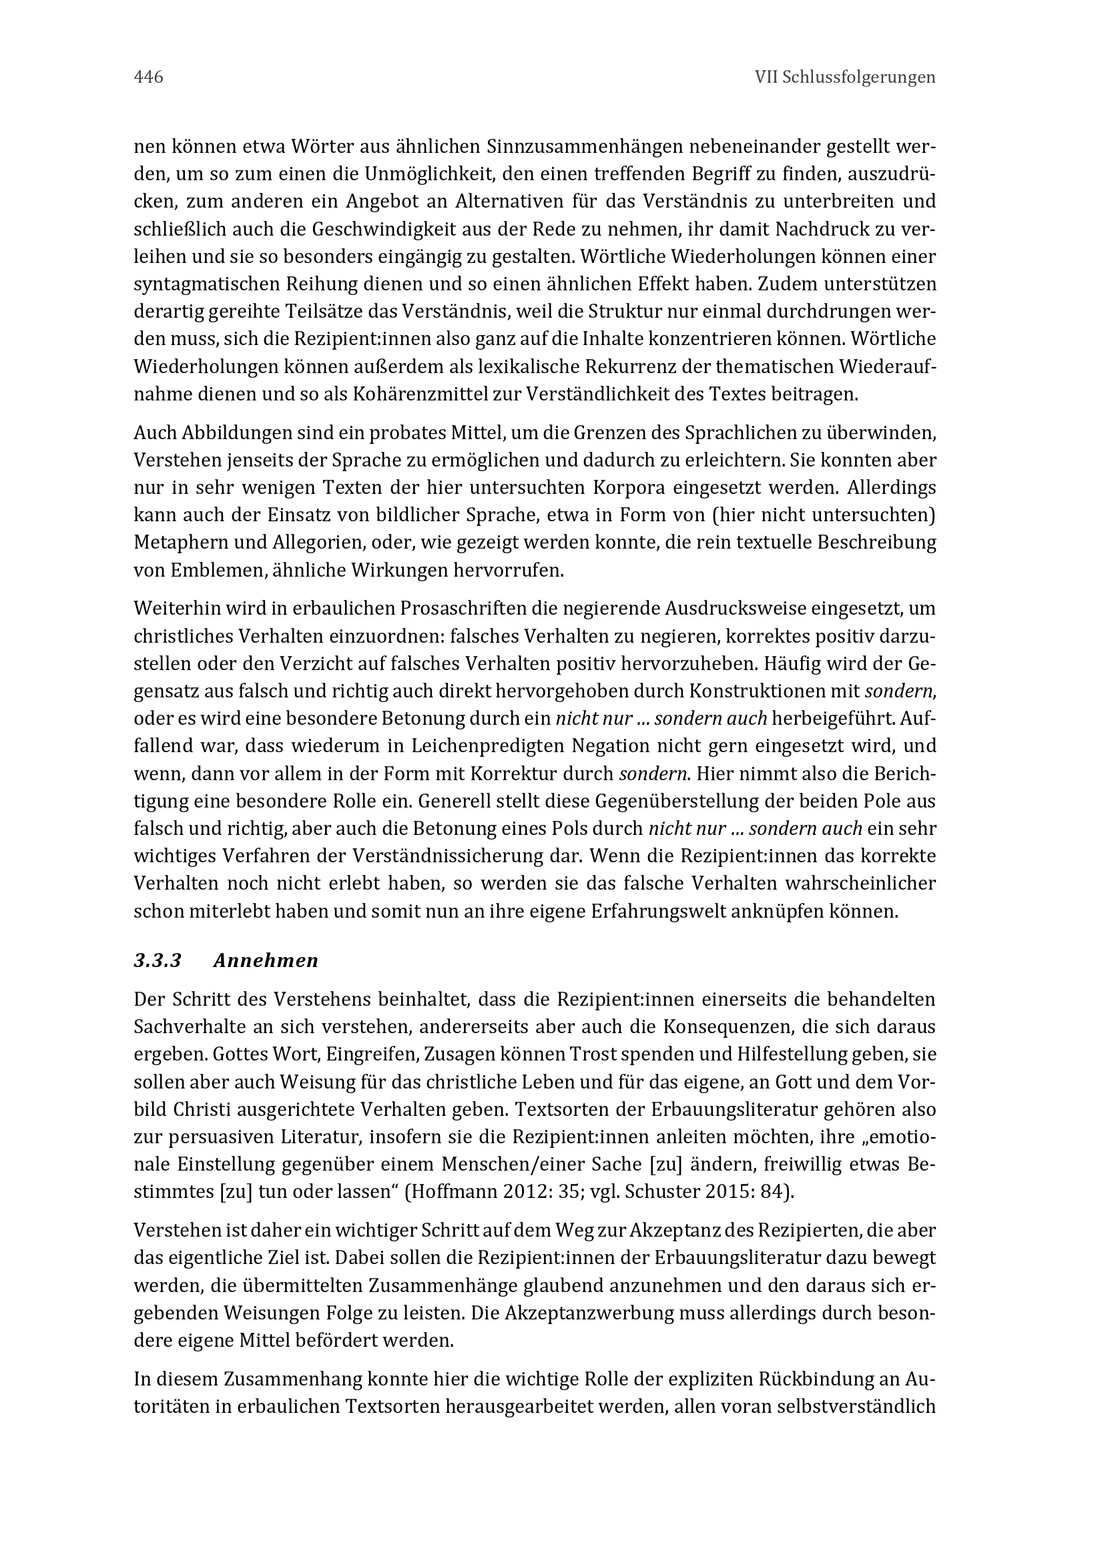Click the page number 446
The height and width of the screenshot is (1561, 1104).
[148, 77]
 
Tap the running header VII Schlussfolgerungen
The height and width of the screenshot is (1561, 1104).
[845, 77]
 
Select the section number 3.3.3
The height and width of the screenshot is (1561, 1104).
[158, 960]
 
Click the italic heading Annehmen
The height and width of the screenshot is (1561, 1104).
[266, 960]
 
